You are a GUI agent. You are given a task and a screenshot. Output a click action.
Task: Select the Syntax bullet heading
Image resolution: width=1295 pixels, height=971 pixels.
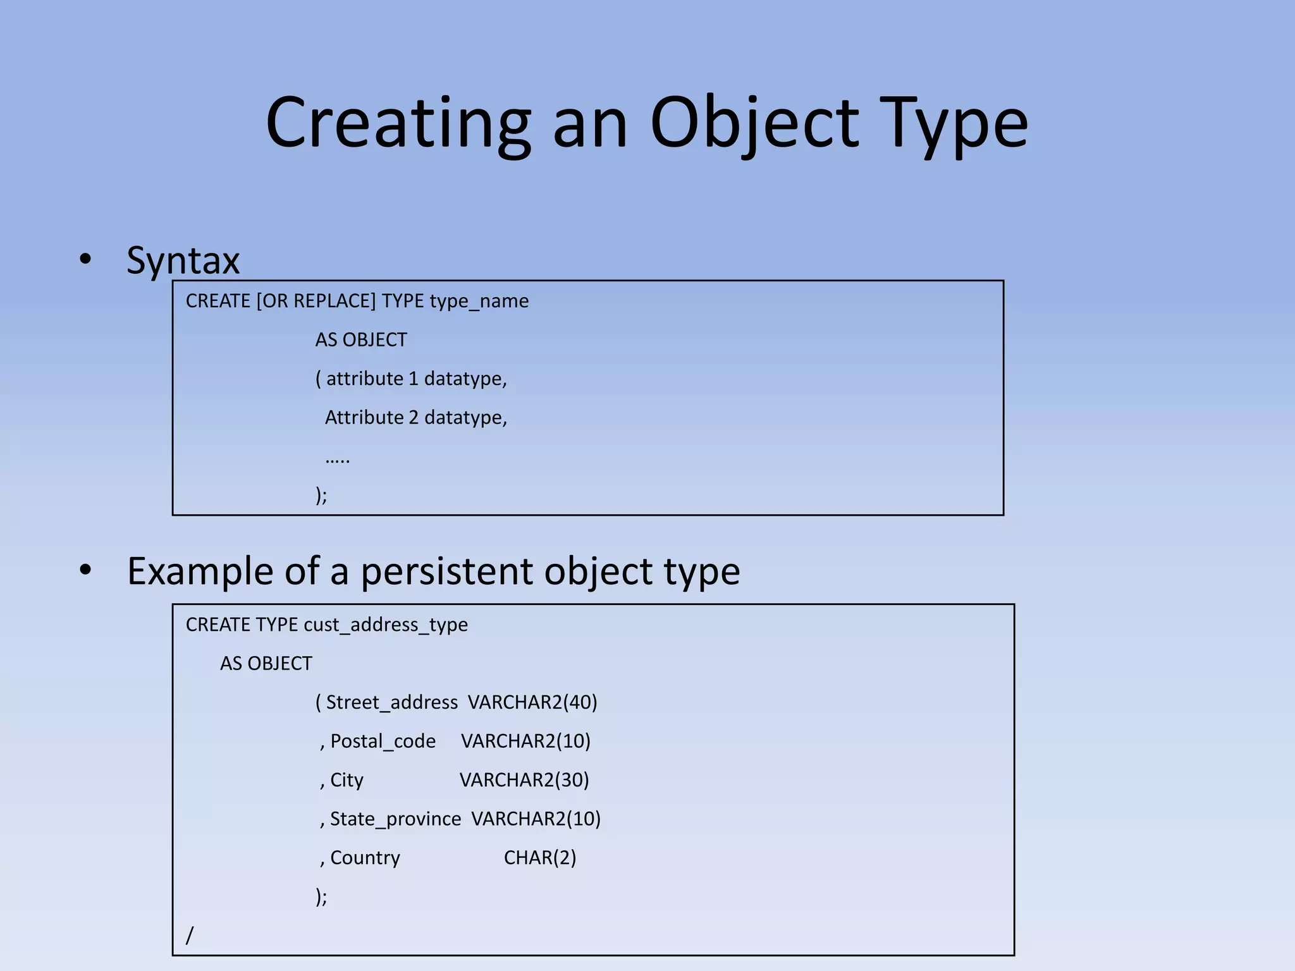pyautogui.click(x=183, y=260)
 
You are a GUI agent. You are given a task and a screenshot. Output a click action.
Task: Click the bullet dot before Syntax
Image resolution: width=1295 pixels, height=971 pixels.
pyautogui.click(x=85, y=259)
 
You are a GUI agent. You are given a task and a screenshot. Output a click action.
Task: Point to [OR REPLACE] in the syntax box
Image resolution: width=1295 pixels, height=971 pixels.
pyautogui.click(x=316, y=301)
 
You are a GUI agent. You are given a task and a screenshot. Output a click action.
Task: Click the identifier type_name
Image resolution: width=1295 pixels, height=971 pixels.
pyautogui.click(x=479, y=301)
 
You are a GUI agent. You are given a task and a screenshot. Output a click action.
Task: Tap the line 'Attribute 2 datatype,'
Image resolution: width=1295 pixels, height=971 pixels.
pyautogui.click(x=416, y=418)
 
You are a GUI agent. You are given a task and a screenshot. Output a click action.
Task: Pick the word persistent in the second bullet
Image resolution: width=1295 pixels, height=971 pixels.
pyautogui.click(x=448, y=571)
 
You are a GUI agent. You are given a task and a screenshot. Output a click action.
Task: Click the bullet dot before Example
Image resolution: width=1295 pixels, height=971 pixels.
pyautogui.click(x=85, y=570)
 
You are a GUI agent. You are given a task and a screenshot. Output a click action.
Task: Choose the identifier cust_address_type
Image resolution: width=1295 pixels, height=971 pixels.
pyautogui.click(x=386, y=625)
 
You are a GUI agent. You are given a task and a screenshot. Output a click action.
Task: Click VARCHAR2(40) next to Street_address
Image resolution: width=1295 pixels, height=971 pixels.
pyautogui.click(x=532, y=702)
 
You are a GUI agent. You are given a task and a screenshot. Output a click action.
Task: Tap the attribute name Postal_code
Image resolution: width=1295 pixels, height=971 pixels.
pyautogui.click(x=383, y=741)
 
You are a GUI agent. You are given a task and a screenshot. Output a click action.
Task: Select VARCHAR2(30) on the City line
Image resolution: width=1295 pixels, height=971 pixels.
pyautogui.click(x=524, y=780)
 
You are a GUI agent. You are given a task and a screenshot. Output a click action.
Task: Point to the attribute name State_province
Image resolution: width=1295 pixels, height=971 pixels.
pyautogui.click(x=395, y=819)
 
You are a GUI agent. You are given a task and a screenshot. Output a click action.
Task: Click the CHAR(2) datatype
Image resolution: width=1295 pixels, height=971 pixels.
pyautogui.click(x=540, y=858)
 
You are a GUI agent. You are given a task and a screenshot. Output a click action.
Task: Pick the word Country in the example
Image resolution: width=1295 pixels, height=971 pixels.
pyautogui.click(x=365, y=858)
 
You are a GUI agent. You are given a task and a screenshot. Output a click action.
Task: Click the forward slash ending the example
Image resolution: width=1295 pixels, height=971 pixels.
pyautogui.click(x=190, y=935)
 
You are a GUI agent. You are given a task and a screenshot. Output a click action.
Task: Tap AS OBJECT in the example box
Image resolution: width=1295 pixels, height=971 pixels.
pyautogui.click(x=266, y=664)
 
